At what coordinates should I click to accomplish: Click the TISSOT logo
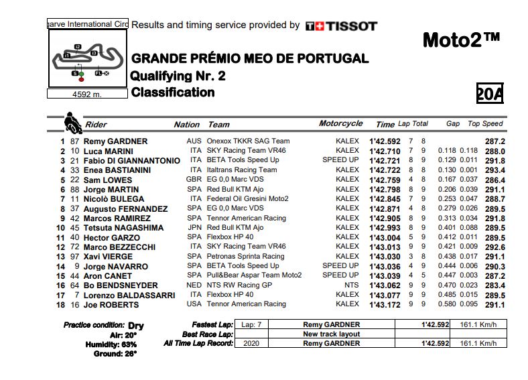click(341, 26)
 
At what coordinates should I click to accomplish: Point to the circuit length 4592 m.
click(87, 94)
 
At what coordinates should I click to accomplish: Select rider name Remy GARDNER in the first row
click(116, 141)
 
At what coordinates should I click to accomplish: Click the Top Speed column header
click(484, 124)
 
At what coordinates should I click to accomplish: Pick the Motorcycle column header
click(340, 123)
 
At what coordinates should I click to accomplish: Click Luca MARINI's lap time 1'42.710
click(385, 151)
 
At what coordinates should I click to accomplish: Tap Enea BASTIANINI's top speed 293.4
click(494, 170)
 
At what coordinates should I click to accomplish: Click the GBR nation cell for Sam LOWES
click(194, 180)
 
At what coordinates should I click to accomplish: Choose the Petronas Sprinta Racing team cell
click(246, 257)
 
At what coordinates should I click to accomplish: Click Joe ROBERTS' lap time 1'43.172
click(385, 305)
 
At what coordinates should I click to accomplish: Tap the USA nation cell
click(194, 304)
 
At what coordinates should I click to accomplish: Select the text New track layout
click(331, 334)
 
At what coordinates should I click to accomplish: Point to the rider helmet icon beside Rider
click(71, 123)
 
